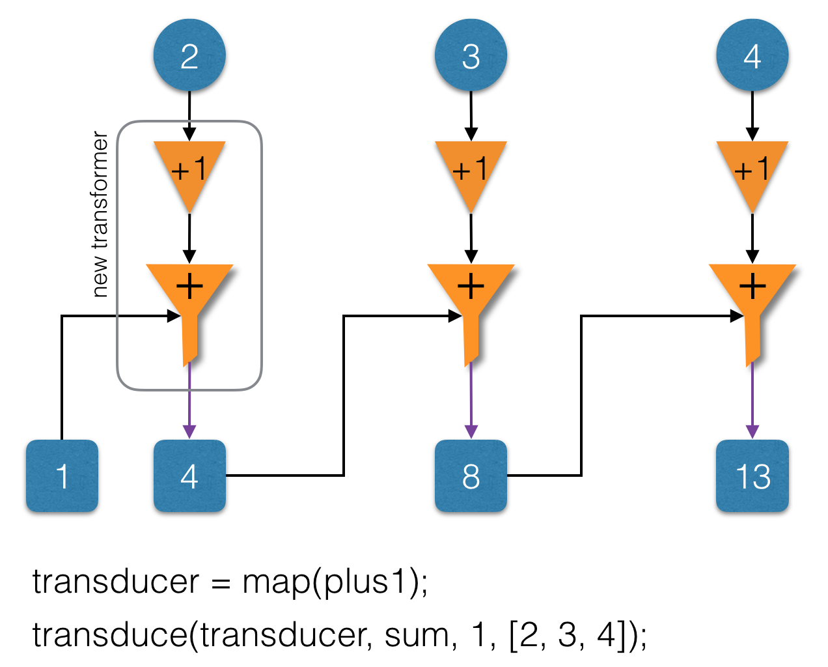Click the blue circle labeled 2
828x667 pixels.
coord(189,55)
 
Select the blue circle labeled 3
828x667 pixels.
coord(471,55)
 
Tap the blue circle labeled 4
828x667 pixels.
coord(752,55)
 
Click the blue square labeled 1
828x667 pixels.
coord(62,476)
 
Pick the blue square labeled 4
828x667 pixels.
coord(189,476)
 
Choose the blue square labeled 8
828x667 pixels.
coord(471,476)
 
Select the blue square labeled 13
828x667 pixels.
coord(752,476)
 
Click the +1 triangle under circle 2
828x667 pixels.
coord(189,170)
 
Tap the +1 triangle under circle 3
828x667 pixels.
coord(471,170)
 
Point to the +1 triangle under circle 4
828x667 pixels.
coord(752,170)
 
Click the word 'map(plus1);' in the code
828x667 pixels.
coord(335,582)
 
